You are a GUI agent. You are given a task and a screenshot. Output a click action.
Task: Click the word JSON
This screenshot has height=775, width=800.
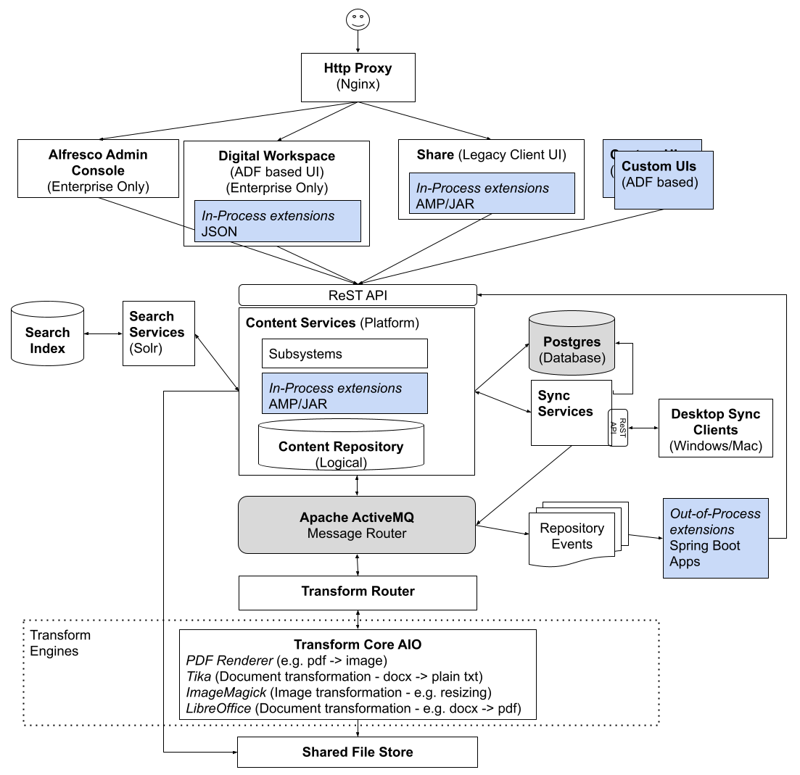tap(219, 232)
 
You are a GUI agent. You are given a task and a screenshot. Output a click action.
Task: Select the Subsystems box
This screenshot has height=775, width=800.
tap(345, 354)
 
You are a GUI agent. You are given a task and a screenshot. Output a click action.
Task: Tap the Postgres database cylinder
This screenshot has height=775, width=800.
tap(572, 343)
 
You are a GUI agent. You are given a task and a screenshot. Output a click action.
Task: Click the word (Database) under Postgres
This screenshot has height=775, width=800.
tap(572, 358)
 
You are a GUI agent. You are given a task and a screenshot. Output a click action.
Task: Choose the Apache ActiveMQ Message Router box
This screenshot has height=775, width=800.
tap(357, 525)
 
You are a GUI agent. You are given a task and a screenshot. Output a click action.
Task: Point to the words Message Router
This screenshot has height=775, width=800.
tap(357, 534)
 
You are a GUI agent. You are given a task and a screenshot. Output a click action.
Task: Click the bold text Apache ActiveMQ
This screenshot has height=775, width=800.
tap(357, 518)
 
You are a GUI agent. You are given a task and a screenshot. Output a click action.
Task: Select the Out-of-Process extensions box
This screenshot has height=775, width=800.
tap(715, 538)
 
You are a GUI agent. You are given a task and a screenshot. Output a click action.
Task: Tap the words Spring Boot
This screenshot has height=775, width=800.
tap(704, 545)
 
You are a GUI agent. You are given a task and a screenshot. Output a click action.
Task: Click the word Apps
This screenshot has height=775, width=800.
tap(685, 561)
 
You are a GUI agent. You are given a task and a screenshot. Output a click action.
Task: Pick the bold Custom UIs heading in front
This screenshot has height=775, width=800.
tap(659, 166)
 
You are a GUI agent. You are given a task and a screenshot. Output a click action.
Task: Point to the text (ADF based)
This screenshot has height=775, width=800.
tap(659, 182)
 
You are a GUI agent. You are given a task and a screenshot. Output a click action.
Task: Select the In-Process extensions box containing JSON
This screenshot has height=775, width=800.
tap(278, 221)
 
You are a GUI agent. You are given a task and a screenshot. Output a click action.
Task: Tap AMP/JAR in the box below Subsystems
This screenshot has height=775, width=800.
tap(298, 404)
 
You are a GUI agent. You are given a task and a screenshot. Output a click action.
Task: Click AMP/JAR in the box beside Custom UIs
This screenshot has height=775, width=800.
tap(445, 204)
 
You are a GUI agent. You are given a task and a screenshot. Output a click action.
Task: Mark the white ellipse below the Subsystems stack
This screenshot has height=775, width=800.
tap(341, 425)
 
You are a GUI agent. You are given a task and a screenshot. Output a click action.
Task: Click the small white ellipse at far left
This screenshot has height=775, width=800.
tap(48, 310)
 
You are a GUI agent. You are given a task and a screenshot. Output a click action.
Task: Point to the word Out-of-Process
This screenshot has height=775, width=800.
tap(714, 513)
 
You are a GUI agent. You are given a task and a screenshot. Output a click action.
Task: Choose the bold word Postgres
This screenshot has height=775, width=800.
tap(572, 342)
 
